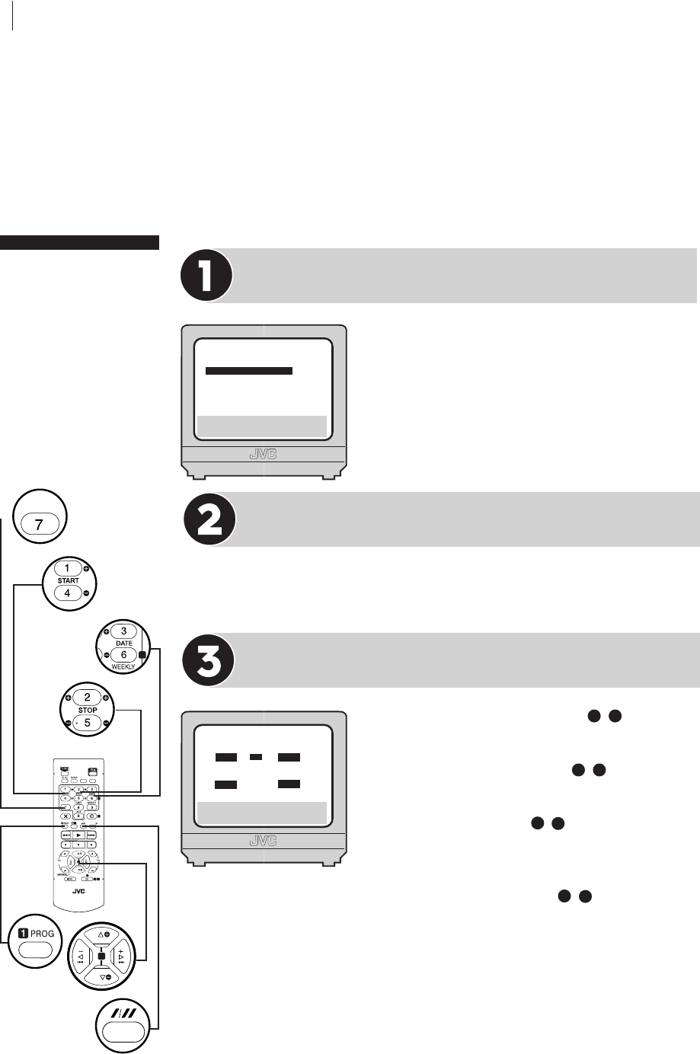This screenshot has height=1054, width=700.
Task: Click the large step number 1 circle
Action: pos(206,275)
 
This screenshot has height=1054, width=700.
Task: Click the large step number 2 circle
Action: pos(210,519)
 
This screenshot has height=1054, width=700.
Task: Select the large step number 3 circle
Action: pos(210,660)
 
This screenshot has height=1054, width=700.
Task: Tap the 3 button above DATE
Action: pos(123,631)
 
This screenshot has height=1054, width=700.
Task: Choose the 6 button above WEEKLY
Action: pos(123,654)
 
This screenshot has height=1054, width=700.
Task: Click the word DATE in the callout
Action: pos(123,644)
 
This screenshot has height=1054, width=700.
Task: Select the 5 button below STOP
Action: pos(87,722)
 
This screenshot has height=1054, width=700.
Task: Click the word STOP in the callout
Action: pos(87,710)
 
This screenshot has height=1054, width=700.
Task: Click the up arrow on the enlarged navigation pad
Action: pos(101,933)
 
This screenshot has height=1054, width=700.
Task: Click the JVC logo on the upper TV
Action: pos(264,455)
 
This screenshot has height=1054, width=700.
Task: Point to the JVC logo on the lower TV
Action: pos(264,842)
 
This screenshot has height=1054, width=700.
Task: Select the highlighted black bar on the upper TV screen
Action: pos(249,371)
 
